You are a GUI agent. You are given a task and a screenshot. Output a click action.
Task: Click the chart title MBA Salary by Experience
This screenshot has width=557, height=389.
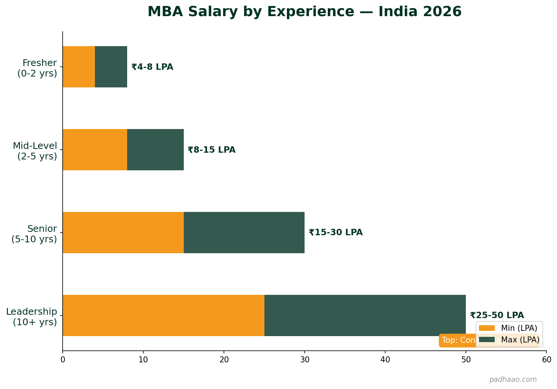pyautogui.click(x=304, y=12)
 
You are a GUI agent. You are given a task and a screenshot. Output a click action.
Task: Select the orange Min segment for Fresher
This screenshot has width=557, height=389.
pyautogui.click(x=79, y=67)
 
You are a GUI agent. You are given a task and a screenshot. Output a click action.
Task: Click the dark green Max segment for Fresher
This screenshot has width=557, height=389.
pyautogui.click(x=111, y=67)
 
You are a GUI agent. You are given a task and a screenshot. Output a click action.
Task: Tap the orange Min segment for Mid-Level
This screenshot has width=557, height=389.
pyautogui.click(x=95, y=150)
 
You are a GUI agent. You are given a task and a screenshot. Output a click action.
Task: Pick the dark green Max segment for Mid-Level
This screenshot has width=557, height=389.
pyautogui.click(x=155, y=150)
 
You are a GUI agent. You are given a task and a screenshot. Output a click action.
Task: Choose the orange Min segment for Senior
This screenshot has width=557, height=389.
pyautogui.click(x=123, y=233)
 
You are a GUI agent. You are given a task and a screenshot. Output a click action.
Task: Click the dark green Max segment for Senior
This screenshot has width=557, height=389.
pyautogui.click(x=244, y=233)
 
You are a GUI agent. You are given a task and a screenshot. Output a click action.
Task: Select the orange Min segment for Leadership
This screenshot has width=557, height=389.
pyautogui.click(x=164, y=315)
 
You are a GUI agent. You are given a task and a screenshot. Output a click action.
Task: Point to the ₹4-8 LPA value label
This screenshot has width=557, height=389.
pyautogui.click(x=152, y=67)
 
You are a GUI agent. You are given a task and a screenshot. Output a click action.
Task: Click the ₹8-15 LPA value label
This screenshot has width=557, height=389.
pyautogui.click(x=212, y=150)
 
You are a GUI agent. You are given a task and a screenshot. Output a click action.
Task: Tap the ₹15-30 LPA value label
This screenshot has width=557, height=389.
pyautogui.click(x=336, y=233)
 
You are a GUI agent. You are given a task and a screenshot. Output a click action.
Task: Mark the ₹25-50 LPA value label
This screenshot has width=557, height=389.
pyautogui.click(x=497, y=315)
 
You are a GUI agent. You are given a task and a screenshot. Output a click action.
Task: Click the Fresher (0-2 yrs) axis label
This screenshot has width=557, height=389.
pyautogui.click(x=37, y=68)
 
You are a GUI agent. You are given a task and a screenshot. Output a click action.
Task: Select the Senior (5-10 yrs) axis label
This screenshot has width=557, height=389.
pyautogui.click(x=34, y=234)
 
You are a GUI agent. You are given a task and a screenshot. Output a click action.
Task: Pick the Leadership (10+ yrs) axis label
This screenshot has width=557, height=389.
pyautogui.click(x=32, y=317)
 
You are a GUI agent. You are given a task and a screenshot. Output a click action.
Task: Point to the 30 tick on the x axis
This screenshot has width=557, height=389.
pyautogui.click(x=305, y=360)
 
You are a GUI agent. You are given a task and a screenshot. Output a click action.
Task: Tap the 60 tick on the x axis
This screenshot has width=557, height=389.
pyautogui.click(x=546, y=360)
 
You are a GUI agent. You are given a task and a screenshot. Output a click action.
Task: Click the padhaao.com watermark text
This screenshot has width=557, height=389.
pyautogui.click(x=513, y=380)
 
